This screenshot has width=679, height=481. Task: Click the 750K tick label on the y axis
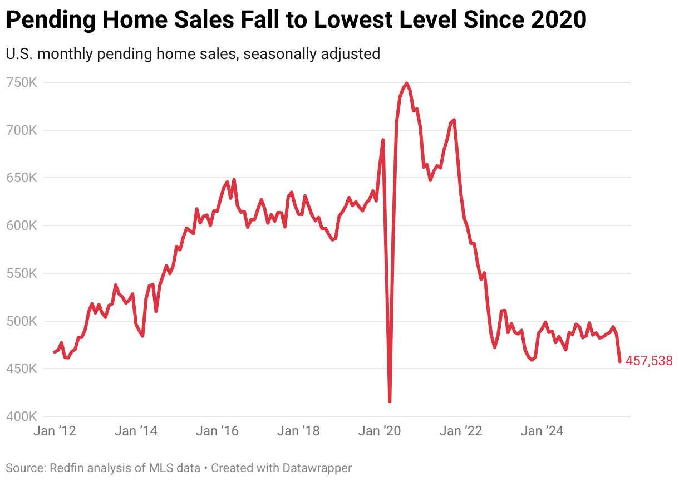click(22, 82)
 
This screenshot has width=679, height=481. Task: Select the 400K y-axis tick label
click(22, 416)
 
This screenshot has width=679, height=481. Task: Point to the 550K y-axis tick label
click(22, 274)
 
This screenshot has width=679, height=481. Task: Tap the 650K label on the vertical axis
click(22, 178)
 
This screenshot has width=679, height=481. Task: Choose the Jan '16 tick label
click(218, 431)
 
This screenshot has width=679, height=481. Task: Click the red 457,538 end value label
click(649, 361)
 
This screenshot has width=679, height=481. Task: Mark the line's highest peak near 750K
click(407, 84)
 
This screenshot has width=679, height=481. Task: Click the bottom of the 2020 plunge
click(390, 401)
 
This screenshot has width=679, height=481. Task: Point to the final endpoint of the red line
click(620, 361)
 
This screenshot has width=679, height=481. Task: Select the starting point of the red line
click(55, 352)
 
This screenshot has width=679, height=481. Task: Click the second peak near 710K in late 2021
click(454, 120)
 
